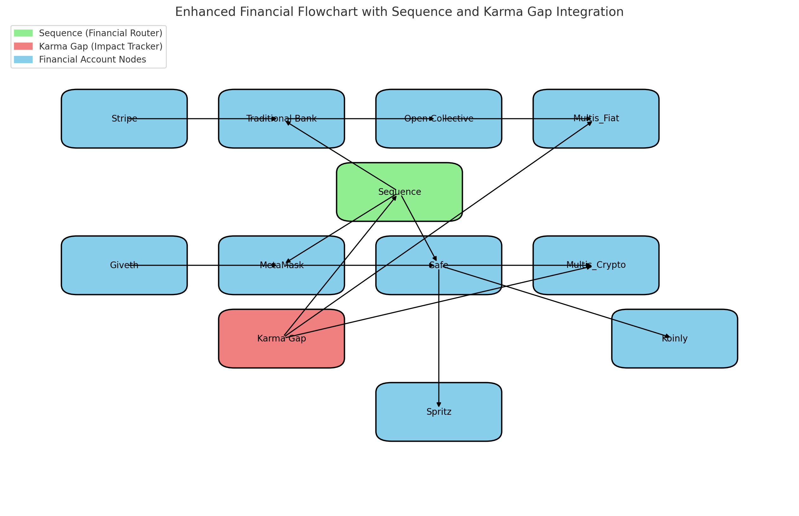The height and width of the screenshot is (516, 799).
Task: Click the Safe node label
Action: coord(438,265)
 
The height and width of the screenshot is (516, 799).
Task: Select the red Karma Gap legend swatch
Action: coord(23,46)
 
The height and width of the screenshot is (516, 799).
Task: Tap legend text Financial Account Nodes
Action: coord(92,60)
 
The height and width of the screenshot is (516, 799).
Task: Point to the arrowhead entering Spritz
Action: coord(438,405)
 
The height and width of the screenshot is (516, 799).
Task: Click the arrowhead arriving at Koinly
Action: coord(668,336)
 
